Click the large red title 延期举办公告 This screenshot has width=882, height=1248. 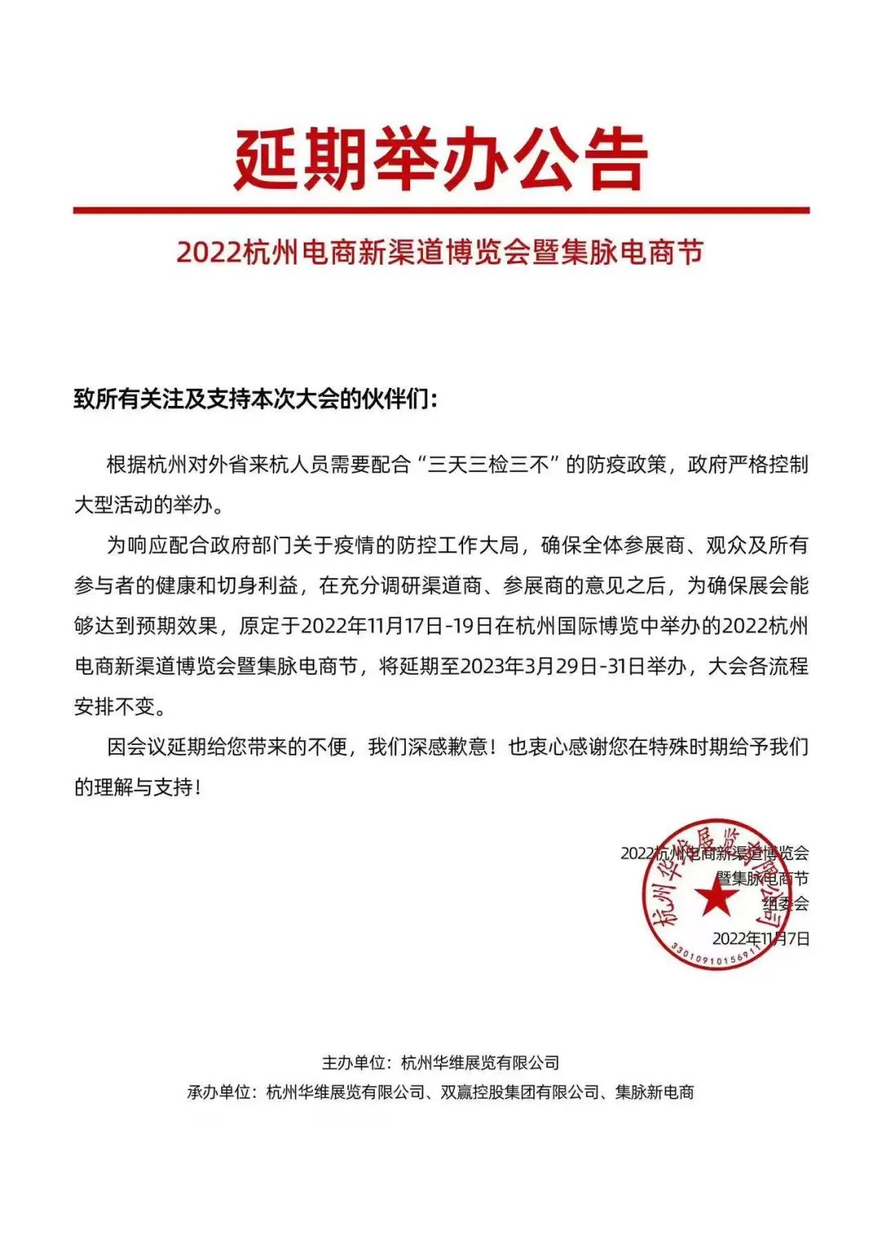coord(441,159)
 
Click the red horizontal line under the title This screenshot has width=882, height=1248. coord(441,211)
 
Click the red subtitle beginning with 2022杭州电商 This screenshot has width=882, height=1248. coord(439,252)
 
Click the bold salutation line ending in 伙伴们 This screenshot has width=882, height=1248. coord(256,399)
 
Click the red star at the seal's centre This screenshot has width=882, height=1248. coord(716,898)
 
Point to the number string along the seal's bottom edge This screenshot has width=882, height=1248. coord(715,956)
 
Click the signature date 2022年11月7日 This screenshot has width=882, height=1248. coord(761,938)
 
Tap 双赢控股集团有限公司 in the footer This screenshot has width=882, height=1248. coord(519,1092)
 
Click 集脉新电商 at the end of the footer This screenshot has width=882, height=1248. coord(654,1092)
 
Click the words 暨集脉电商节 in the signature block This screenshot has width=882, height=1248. coord(762,878)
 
